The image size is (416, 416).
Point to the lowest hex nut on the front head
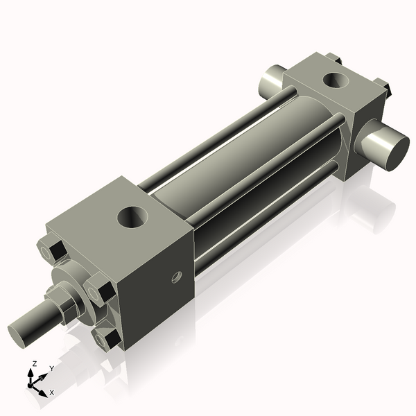pos(107,338)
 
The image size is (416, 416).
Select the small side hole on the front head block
pos(176,278)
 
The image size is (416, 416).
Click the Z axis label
pos(35,363)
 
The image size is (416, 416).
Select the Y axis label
pos(51,369)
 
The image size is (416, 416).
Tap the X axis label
pos(51,392)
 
